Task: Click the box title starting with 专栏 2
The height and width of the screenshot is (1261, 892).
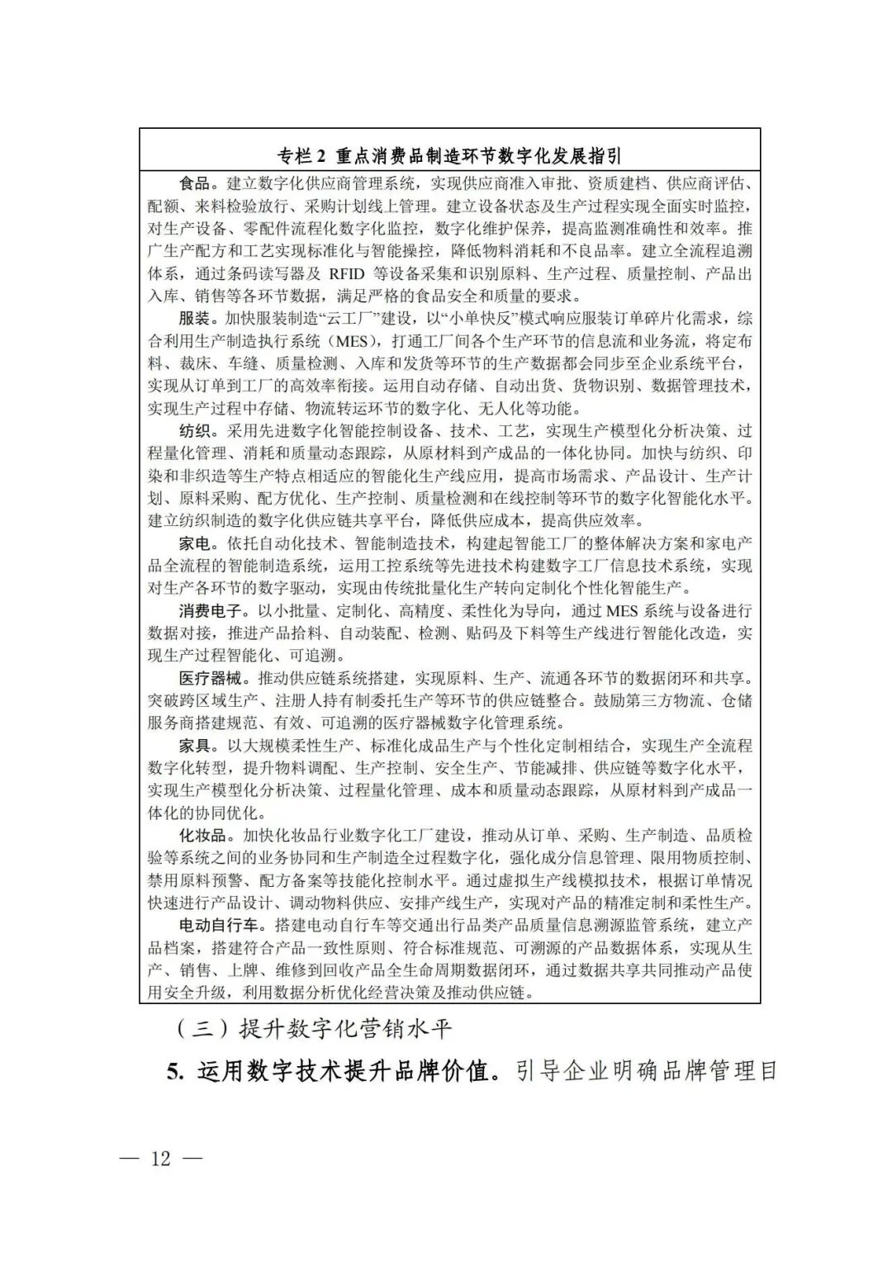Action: (449, 156)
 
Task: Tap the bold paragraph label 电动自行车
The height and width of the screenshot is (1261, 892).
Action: (220, 925)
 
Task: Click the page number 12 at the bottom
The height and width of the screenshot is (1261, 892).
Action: (160, 1158)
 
